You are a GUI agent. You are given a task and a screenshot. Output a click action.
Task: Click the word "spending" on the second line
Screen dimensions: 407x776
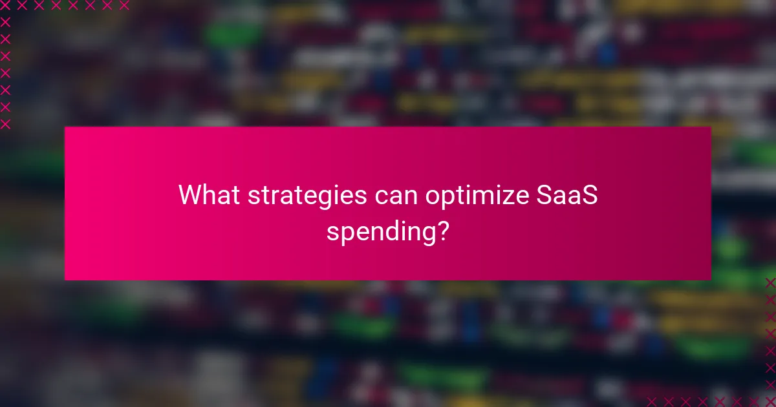pyautogui.click(x=379, y=231)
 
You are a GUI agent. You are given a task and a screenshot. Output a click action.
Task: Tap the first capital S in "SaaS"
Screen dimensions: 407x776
pyautogui.click(x=544, y=195)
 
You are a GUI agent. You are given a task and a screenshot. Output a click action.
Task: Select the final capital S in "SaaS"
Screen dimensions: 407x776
pyautogui.click(x=589, y=195)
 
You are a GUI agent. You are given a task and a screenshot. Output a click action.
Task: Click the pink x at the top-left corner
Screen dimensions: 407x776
pyautogui.click(x=6, y=6)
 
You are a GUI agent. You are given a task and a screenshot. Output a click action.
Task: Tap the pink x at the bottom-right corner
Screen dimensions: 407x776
pyautogui.click(x=770, y=401)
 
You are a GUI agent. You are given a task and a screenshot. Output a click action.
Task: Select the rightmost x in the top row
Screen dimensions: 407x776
pyautogui.click(x=124, y=6)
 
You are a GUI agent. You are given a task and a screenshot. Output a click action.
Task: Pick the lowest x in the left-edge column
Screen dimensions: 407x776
pyautogui.click(x=6, y=123)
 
